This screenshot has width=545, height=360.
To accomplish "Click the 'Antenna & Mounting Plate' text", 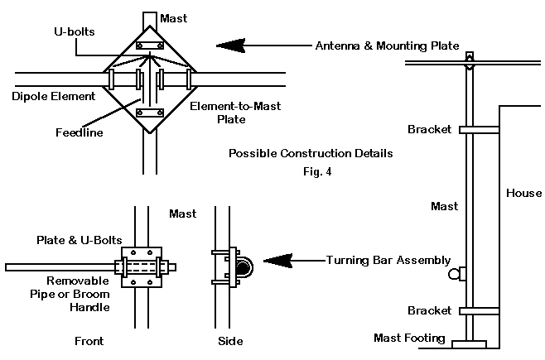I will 387,46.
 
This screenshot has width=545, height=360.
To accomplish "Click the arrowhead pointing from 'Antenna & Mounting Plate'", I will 231,46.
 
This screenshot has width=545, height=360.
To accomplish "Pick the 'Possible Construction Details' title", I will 311,154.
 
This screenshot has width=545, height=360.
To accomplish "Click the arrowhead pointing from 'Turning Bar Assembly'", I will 277,262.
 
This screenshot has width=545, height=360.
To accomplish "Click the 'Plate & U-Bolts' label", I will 75,239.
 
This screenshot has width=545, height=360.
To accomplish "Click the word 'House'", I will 523,193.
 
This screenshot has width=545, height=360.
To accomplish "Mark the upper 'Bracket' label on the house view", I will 430,130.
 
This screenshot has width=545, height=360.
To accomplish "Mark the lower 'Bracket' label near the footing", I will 430,311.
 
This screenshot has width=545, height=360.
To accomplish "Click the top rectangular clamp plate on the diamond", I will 151,45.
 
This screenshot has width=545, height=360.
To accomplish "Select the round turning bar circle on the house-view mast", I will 454,273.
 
